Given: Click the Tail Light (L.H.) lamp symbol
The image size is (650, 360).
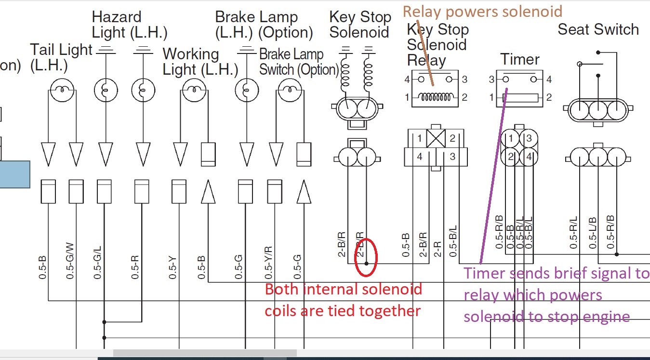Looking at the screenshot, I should (61, 90).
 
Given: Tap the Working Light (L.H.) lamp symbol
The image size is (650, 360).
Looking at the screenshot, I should (193, 90).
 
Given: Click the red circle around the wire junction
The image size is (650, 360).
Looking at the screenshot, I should (366, 258).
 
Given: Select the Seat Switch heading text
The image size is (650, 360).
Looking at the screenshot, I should (598, 29).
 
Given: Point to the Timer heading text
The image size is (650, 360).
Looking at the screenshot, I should (519, 60).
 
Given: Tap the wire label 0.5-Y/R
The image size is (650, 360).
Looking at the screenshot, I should (269, 263).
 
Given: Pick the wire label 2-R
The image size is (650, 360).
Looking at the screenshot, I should (438, 247).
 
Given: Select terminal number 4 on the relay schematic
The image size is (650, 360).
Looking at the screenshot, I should (407, 79).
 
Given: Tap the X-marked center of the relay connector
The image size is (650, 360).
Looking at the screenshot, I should (436, 139).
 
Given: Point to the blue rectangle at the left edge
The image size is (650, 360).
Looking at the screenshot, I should (14, 174).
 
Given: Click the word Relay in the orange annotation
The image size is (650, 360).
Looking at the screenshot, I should (420, 11).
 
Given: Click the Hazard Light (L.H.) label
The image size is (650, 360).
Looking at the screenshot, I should (129, 25).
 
